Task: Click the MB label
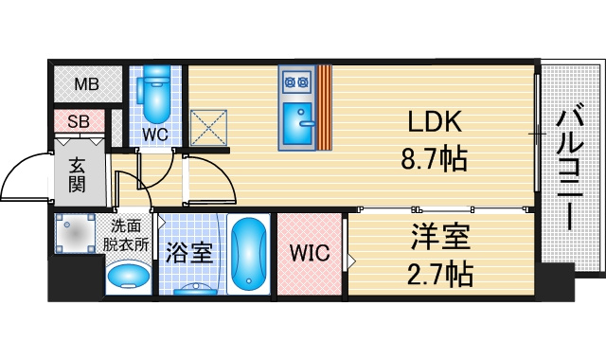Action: coord(86,84)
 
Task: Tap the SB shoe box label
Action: coord(79,121)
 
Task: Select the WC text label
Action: coord(155,135)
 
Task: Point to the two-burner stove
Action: coord(296,81)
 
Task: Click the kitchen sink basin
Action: coord(297,122)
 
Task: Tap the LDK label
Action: coord(435,121)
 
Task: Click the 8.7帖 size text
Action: coord(435,158)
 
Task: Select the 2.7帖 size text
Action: coord(440,273)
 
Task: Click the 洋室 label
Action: coord(440,237)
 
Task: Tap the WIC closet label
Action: coord(310,253)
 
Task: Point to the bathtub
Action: coord(249,255)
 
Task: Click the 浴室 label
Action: coord(189,253)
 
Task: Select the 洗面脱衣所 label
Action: coord(126,235)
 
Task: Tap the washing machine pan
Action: coord(75,233)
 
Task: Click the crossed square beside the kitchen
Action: coord(208,128)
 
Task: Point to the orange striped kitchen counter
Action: coord(325,107)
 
